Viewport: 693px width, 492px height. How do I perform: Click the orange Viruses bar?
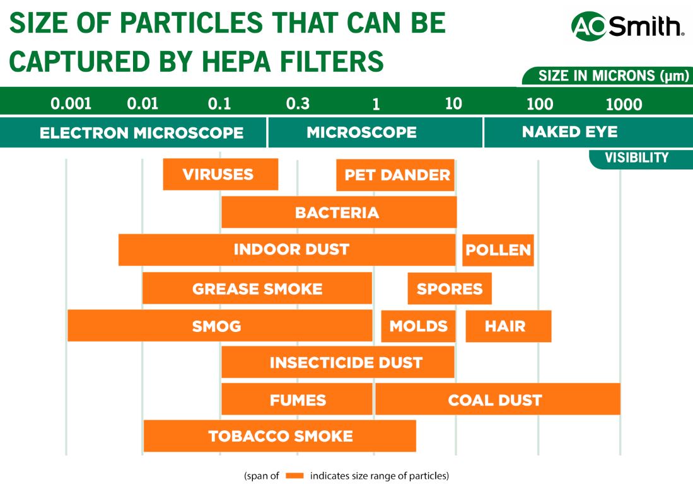[x=220, y=174]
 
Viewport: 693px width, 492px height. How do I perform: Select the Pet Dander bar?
[x=395, y=175]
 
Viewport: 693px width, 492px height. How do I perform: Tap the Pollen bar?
[x=498, y=250]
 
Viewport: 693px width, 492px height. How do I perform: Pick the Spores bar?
[x=450, y=289]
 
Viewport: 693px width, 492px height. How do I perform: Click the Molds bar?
[x=418, y=326]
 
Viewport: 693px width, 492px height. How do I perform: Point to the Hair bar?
[x=508, y=326]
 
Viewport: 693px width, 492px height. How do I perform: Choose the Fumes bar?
[x=297, y=399]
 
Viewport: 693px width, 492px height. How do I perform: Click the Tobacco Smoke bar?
[x=279, y=436]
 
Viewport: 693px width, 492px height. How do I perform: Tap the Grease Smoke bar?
[x=257, y=289]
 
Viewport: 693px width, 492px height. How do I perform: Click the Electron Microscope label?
[x=141, y=133]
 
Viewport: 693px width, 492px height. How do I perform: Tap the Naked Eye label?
[x=569, y=132]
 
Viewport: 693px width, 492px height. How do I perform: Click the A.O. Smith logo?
[x=627, y=27]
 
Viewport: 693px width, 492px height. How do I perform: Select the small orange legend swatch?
[x=294, y=476]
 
